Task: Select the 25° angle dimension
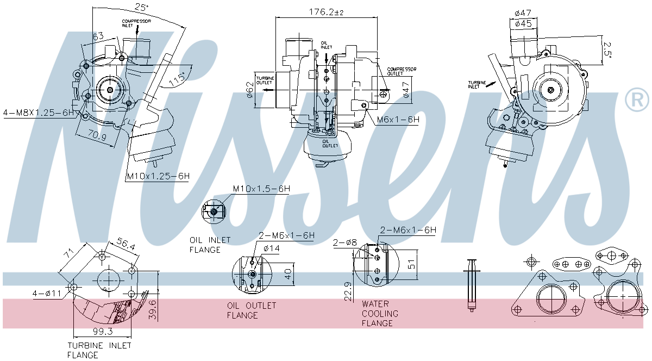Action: (x=142, y=7)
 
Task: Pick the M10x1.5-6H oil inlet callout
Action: (x=261, y=189)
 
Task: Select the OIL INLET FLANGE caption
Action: (x=210, y=245)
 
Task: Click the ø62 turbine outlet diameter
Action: (x=250, y=89)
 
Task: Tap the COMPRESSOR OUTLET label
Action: (x=402, y=72)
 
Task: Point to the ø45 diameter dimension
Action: (x=523, y=23)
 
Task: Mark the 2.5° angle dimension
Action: (x=607, y=47)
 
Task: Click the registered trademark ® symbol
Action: (x=637, y=99)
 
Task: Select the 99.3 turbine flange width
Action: (x=102, y=331)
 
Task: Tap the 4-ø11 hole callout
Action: (x=48, y=294)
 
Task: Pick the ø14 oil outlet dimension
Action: (x=271, y=248)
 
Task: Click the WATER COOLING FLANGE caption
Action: (x=380, y=314)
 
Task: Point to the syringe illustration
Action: (x=471, y=285)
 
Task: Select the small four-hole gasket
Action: (x=571, y=265)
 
